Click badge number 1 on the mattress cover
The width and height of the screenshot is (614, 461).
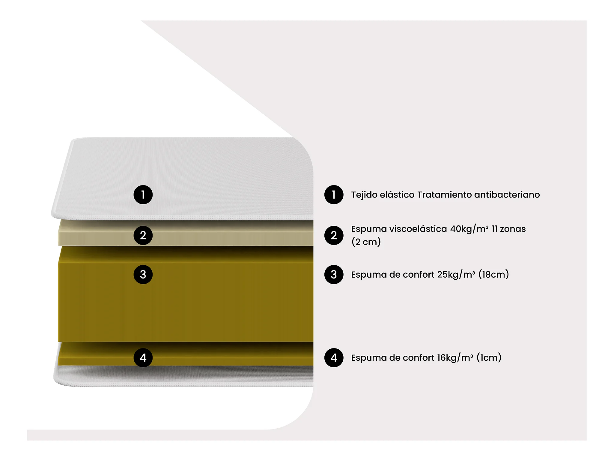[x=143, y=195]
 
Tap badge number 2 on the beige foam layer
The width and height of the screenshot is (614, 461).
[x=143, y=235]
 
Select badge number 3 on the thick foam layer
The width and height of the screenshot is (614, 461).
[x=143, y=274]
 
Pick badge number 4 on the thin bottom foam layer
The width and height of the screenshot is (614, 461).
[x=143, y=357]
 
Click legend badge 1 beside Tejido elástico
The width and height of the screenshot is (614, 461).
[x=334, y=195]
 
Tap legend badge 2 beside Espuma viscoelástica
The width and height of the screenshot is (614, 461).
[x=334, y=235]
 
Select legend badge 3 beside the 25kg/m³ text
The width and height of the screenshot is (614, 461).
[x=334, y=274]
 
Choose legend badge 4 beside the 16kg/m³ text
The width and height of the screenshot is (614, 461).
[x=334, y=357]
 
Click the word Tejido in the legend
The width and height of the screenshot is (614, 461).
[x=364, y=195]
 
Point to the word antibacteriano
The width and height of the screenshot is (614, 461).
[x=507, y=195]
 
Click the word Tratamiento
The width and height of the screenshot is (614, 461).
[x=445, y=195]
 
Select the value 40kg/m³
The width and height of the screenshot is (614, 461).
[x=469, y=229]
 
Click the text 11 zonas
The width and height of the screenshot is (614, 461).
[x=509, y=229]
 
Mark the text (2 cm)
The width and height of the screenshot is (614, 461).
[x=366, y=242]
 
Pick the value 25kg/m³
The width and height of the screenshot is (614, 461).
[x=456, y=275]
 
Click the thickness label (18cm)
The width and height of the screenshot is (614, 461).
[x=494, y=275]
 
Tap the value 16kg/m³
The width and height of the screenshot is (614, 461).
[x=455, y=358]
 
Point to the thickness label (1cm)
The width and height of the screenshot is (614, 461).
[x=489, y=358]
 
